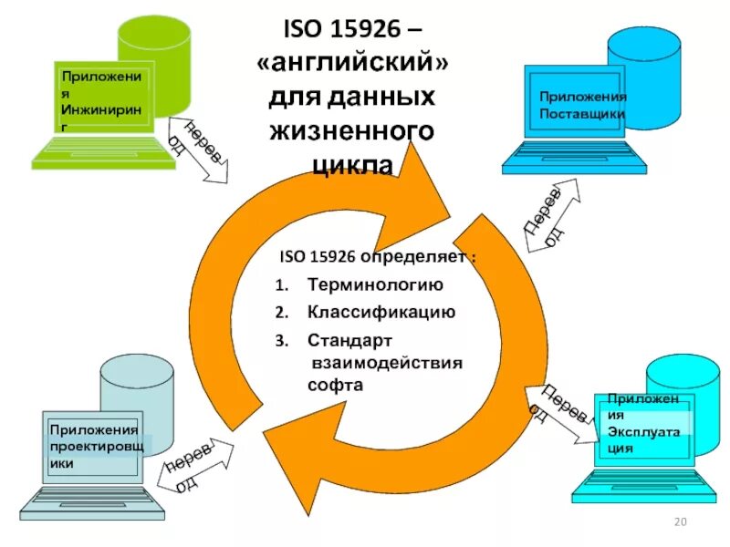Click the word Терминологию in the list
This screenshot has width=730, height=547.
(x=375, y=284)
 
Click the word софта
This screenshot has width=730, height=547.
(x=335, y=385)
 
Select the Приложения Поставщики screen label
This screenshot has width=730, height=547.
(x=581, y=105)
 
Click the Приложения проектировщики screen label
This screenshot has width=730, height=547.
(x=94, y=446)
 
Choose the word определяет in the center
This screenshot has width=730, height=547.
(x=416, y=257)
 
